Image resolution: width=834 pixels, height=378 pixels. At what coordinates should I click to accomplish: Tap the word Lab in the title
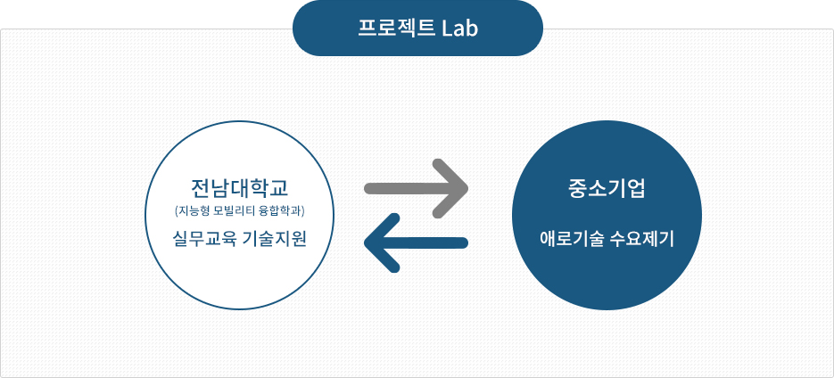coord(460,29)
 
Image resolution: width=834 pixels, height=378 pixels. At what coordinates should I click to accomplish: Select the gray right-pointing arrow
coord(416,188)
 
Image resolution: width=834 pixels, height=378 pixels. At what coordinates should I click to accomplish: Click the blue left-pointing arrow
coord(416,242)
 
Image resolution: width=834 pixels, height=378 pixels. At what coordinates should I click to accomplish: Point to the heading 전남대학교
coord(239,187)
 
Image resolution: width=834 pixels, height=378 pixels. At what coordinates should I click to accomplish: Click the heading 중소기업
coord(607,188)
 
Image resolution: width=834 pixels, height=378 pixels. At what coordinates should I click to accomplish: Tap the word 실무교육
coord(204,238)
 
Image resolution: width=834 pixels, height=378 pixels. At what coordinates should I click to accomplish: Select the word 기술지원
coord(275,238)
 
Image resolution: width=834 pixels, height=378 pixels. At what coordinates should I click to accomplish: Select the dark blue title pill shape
coord(417,28)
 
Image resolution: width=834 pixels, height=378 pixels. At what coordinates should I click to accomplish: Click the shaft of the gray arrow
coord(409,188)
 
